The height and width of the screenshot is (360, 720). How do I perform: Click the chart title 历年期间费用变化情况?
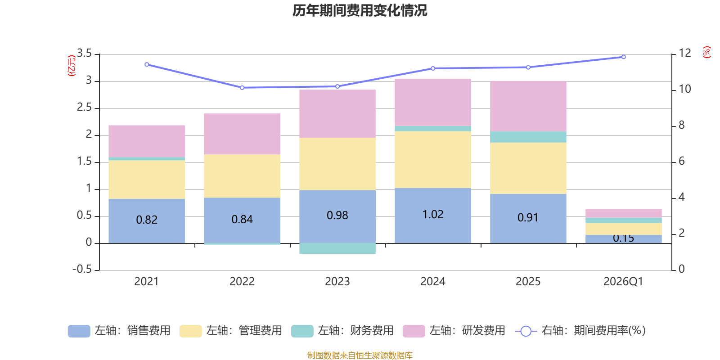pyautogui.click(x=360, y=10)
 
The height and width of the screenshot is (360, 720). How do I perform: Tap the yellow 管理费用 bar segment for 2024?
pyautogui.click(x=433, y=159)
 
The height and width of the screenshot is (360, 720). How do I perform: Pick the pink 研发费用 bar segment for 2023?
pyautogui.click(x=337, y=113)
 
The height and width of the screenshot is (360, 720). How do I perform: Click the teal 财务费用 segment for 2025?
pyautogui.click(x=528, y=137)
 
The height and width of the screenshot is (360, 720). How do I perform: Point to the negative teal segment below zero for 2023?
pyautogui.click(x=337, y=248)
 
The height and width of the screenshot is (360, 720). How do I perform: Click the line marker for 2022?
pyautogui.click(x=242, y=87)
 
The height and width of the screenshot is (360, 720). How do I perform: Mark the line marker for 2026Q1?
pyautogui.click(x=623, y=57)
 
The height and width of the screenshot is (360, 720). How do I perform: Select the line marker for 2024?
pyautogui.click(x=433, y=68)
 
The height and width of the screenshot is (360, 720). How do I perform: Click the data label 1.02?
pyautogui.click(x=433, y=215)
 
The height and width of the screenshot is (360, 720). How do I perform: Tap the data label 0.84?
pyautogui.click(x=242, y=220)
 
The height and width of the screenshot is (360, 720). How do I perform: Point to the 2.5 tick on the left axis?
pyautogui.click(x=84, y=108)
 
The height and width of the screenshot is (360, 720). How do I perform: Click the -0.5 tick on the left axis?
pyautogui.click(x=82, y=269)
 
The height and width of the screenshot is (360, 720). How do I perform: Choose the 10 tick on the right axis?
pyautogui.click(x=684, y=89)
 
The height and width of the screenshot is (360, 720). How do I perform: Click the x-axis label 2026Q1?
pyautogui.click(x=623, y=282)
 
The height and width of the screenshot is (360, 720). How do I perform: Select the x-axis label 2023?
pyautogui.click(x=337, y=282)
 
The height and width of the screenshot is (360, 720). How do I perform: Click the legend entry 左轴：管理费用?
pyautogui.click(x=230, y=331)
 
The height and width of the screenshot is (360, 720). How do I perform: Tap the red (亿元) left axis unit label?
pyautogui.click(x=71, y=66)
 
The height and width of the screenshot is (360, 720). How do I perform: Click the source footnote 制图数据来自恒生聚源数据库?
pyautogui.click(x=360, y=355)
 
